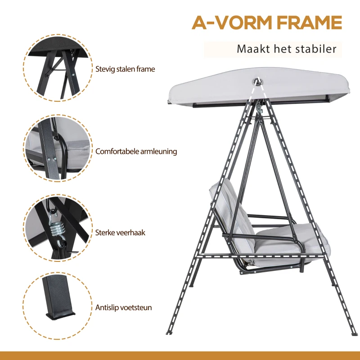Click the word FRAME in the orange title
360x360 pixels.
[x=306, y=22]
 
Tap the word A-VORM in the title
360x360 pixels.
[x=229, y=22]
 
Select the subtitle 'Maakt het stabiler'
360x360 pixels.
[x=286, y=49]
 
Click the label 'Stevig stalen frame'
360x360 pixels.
[x=125, y=69]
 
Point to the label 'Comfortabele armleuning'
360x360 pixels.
[x=136, y=152]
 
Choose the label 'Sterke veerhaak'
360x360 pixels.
[x=120, y=233]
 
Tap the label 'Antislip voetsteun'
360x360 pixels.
[x=123, y=308]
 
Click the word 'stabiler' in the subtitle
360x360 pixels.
[x=317, y=49]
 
